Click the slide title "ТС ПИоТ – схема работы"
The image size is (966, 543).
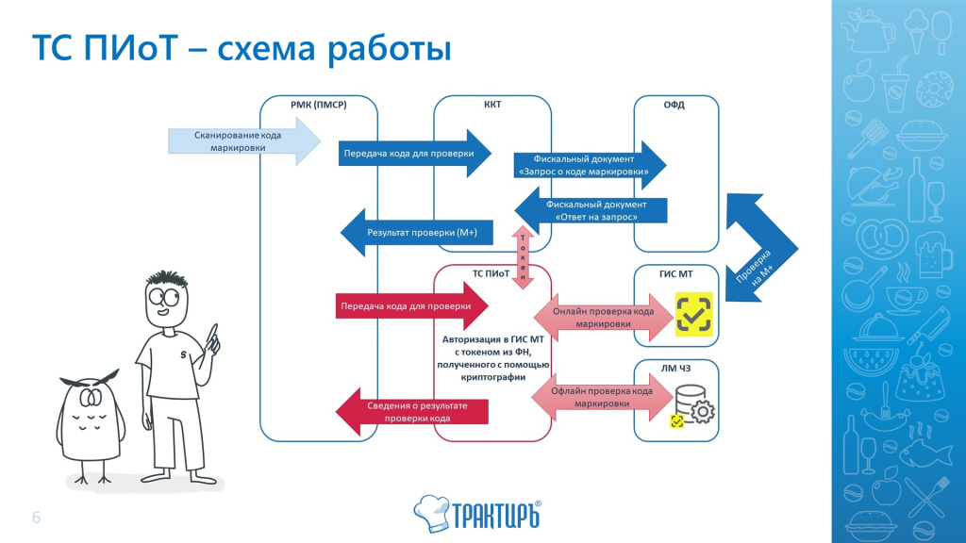coord(241,47)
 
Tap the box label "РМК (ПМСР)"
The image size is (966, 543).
coord(318,105)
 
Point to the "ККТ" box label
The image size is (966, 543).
coord(491,105)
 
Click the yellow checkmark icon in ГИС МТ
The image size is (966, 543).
coord(694,315)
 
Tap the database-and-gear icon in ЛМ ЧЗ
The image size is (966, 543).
coord(694,407)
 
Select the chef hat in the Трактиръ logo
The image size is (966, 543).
coord(430,510)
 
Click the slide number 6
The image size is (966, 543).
coord(37,518)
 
